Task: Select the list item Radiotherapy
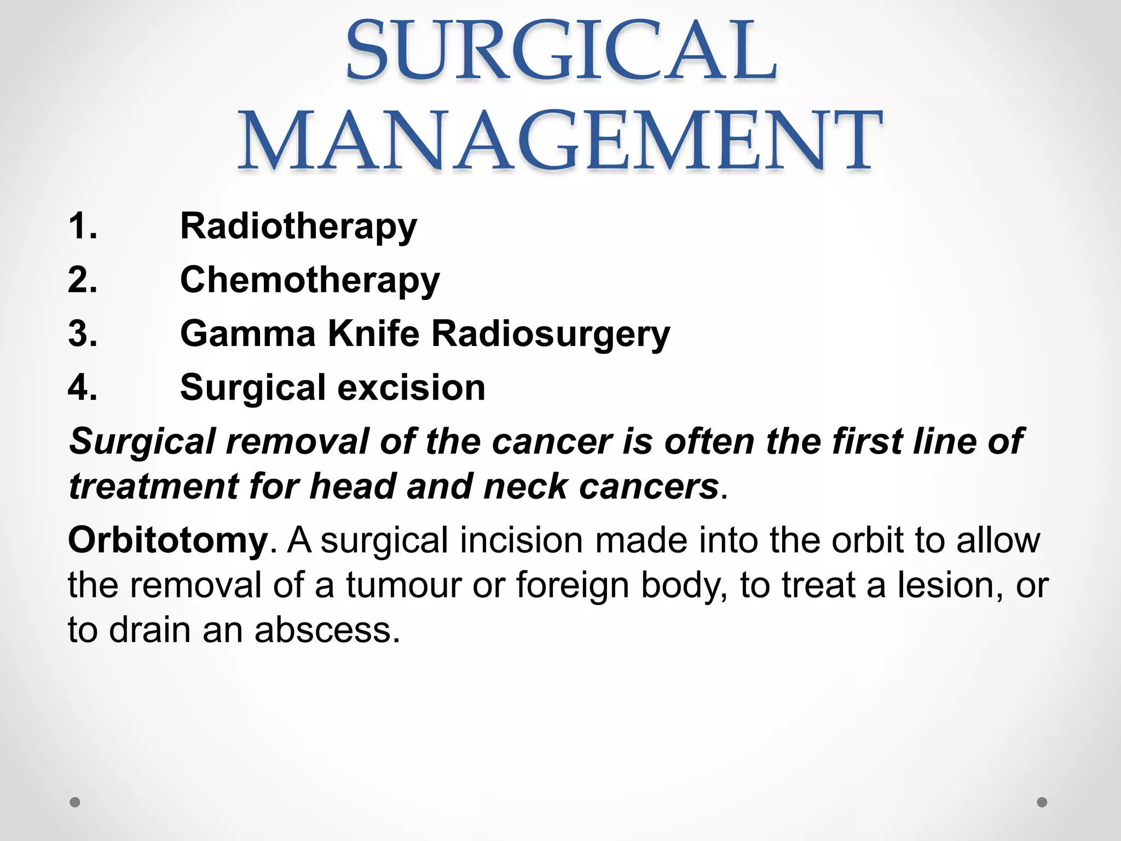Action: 298,227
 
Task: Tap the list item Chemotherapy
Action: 310,280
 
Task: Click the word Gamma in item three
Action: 247,334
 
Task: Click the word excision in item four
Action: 411,388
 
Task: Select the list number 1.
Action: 83,226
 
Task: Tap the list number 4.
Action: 83,388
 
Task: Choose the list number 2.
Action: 83,280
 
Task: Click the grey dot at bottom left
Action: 75,802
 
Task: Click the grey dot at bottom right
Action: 1042,802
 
